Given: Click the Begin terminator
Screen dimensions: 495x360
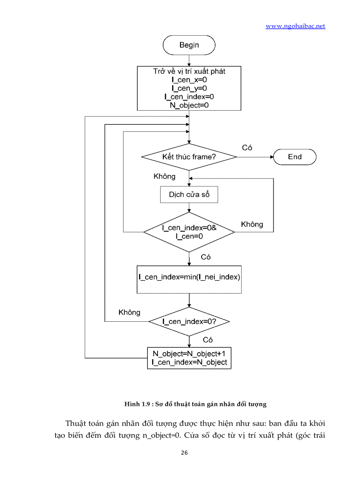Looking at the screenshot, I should click(x=189, y=45).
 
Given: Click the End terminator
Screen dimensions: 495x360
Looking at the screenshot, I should click(x=294, y=157).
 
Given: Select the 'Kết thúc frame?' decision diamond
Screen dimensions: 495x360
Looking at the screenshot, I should click(x=189, y=157).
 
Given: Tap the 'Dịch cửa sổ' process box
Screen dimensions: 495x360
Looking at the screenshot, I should click(x=189, y=194).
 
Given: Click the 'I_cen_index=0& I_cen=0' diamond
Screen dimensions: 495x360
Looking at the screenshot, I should click(x=189, y=232).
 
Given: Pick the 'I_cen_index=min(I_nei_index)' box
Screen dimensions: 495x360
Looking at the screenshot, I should click(x=189, y=279).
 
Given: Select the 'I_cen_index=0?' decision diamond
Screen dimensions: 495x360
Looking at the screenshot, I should click(x=189, y=321).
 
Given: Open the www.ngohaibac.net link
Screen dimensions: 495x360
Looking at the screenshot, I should click(x=295, y=26).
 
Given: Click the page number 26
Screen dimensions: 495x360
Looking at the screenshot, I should click(x=184, y=453).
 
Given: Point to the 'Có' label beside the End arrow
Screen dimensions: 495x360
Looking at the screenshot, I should click(x=247, y=148).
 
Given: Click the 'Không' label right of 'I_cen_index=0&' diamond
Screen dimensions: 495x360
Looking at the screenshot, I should click(x=252, y=224).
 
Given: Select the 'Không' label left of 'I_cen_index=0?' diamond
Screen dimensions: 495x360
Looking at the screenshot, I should click(x=129, y=313).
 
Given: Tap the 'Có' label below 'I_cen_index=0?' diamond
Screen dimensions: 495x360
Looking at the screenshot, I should click(x=208, y=339).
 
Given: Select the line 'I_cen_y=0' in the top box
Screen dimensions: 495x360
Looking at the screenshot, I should click(x=189, y=88).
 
